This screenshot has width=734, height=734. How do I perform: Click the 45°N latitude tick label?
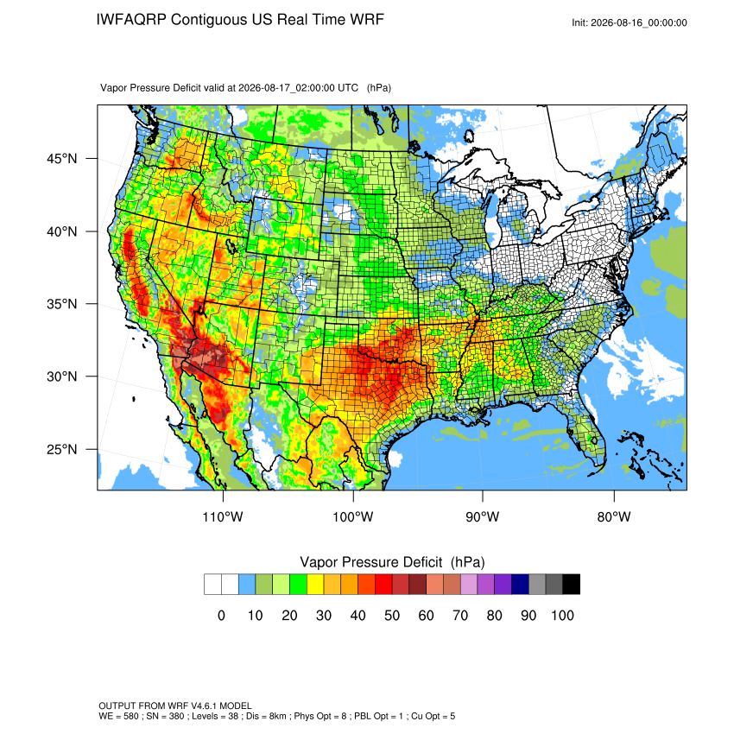point(62,159)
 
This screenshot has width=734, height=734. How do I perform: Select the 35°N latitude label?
point(62,304)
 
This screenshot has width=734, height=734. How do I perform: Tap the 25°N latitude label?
point(62,449)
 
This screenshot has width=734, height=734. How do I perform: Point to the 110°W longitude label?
point(223,516)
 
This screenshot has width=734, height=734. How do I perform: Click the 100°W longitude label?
point(353,516)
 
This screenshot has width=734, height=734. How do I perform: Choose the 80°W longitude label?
point(614,516)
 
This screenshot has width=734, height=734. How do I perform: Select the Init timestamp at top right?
point(630,22)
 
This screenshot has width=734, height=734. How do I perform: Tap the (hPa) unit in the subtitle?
point(379,88)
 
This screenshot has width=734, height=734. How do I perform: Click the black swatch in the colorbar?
point(571,585)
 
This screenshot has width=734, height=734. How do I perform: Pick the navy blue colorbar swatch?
point(520,585)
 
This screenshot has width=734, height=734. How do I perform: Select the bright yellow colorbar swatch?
point(315,585)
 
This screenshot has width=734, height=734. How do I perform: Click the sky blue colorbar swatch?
point(247,585)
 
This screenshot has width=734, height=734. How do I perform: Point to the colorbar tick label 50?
point(392,615)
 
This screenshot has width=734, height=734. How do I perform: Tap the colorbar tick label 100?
point(562,615)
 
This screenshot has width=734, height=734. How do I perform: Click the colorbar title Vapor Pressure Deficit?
point(370,562)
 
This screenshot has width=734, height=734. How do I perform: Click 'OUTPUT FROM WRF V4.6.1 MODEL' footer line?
point(175,706)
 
